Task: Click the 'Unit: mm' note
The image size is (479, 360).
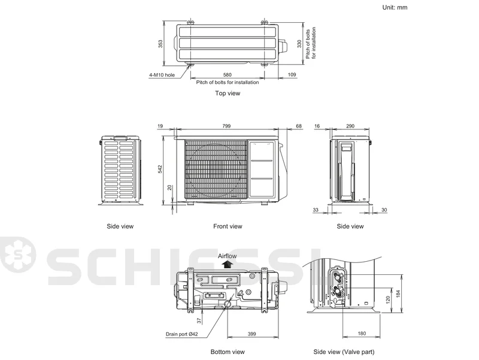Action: [395, 7]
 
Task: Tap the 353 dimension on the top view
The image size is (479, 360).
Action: [160, 44]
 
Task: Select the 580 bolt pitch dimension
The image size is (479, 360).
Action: [228, 74]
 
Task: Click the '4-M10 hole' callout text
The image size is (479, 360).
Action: [162, 75]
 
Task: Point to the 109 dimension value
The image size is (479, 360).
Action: [292, 74]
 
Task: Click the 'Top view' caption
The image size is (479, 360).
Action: [228, 93]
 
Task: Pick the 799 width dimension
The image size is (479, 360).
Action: [226, 126]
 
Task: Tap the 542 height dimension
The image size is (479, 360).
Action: [160, 170]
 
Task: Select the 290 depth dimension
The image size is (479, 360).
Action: [350, 126]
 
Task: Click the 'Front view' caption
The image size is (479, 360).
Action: [228, 226]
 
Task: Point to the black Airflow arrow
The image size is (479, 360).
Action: [227, 265]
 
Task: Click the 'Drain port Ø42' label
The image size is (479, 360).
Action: [182, 334]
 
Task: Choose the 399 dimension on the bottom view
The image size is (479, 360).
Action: [251, 334]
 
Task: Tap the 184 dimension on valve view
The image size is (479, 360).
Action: [398, 294]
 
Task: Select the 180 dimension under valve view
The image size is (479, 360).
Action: [362, 334]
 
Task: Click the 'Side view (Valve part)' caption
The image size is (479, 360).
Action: [344, 352]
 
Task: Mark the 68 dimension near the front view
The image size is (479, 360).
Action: [299, 126]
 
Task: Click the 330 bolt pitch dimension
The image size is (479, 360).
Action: [299, 44]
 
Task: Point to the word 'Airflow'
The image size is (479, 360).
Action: [228, 256]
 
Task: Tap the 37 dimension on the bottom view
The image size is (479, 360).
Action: [199, 320]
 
